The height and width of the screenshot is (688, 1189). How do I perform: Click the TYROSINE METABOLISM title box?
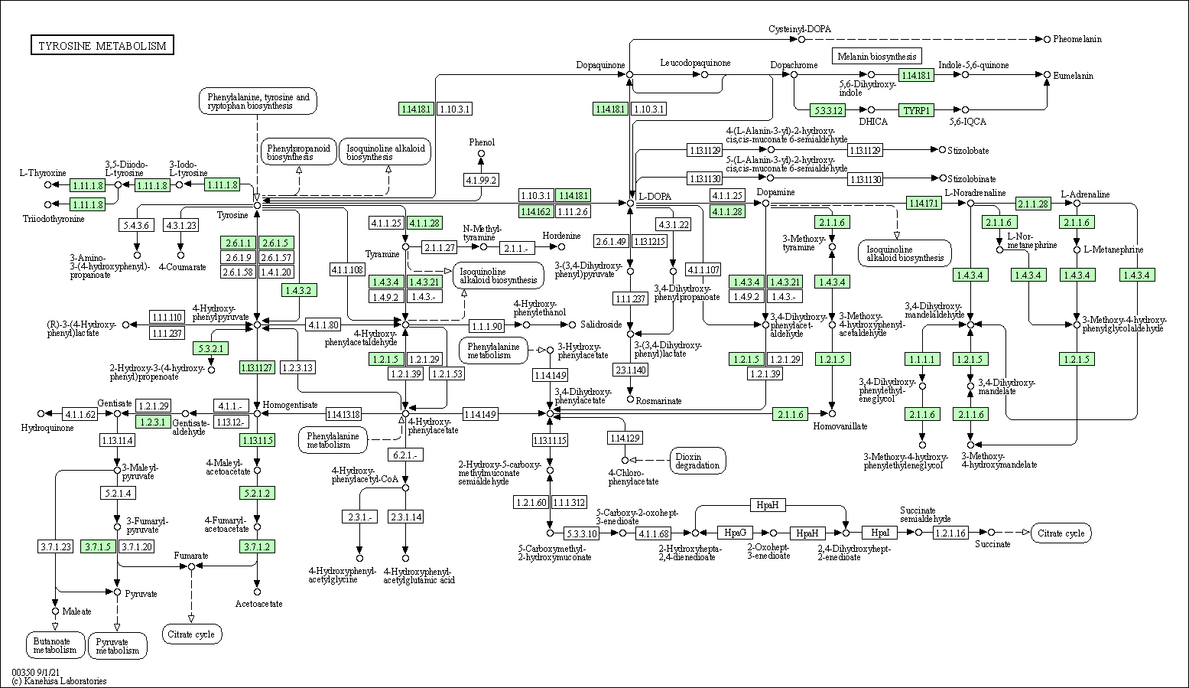pos(102,46)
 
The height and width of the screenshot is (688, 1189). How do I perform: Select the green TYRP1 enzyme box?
pos(917,110)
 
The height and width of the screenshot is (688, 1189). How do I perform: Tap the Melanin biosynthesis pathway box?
pos(876,56)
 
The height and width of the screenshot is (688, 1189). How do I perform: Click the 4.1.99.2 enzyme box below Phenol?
pos(481,180)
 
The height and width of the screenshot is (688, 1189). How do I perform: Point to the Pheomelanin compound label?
pos(1077,38)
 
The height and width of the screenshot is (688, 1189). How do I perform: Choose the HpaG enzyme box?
pos(735,533)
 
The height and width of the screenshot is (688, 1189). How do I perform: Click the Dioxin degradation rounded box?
pos(697,460)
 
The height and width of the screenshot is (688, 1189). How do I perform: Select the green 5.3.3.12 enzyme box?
pos(828,110)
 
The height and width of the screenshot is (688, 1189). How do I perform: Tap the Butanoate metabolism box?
pos(55,645)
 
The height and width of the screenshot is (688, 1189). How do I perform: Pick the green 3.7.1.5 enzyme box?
pos(99,546)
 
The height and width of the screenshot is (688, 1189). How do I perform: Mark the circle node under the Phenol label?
pos(481,154)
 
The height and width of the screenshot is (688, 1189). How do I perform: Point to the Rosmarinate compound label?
pos(658,400)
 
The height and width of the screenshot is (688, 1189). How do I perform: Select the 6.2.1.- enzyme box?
pos(405,455)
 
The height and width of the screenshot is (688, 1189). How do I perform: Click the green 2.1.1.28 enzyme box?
pos(1033,203)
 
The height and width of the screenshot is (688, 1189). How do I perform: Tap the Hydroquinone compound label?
pos(47,428)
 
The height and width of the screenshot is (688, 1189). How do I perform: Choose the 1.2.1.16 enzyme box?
pos(950,532)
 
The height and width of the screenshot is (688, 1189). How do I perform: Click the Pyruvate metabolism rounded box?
pos(118,646)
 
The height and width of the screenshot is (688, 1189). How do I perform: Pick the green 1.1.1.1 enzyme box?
pos(922,359)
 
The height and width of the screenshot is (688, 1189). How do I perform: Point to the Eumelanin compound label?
pos(1074,76)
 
